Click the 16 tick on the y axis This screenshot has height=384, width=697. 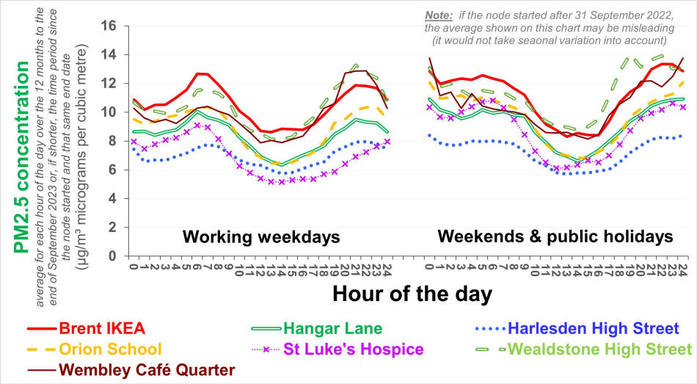point(109,26)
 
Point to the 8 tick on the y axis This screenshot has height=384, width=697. point(112,141)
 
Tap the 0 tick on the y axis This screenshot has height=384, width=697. point(112,256)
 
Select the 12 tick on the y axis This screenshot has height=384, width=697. point(109,84)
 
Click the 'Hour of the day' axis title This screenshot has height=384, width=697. point(412,294)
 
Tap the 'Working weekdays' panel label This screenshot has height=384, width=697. point(261,236)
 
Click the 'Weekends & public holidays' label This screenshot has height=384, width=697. point(555,236)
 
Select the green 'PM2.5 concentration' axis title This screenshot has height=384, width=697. point(21,157)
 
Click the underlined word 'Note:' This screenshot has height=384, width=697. point(439,16)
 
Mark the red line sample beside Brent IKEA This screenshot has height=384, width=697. point(42,329)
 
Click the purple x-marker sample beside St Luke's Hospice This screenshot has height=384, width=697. point(266,349)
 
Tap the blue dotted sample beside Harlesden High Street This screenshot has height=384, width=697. point(490,329)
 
